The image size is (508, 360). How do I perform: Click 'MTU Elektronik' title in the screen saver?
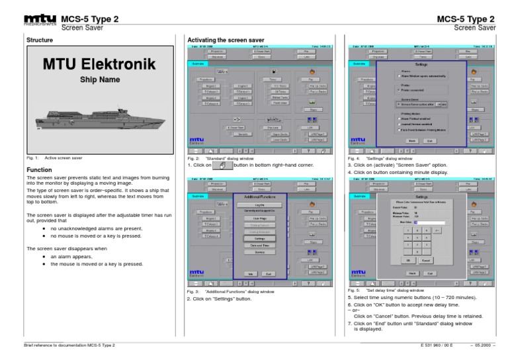(99, 65)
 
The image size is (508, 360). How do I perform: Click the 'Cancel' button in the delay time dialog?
(425, 259)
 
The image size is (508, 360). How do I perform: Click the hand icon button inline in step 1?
(222, 166)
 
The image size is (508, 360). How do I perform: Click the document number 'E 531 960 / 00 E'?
(437, 345)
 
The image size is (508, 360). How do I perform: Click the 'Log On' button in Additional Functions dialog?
(260, 205)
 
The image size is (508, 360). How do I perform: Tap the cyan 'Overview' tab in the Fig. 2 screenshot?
(197, 64)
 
